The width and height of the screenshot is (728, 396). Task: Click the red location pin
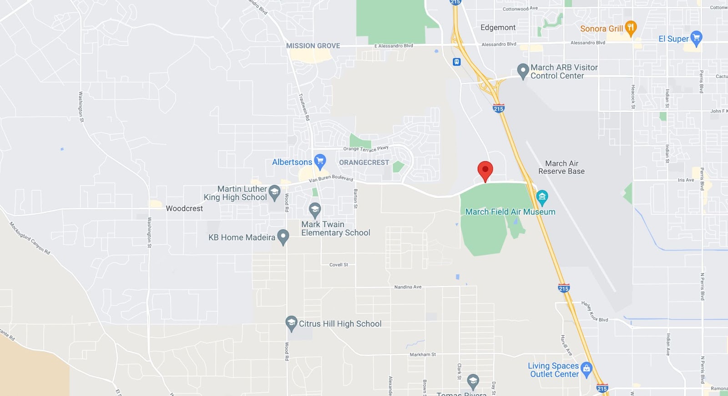(485, 170)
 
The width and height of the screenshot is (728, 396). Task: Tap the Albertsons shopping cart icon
(320, 160)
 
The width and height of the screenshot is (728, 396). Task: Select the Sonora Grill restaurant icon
(630, 27)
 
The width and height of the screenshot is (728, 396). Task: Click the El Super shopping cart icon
(696, 38)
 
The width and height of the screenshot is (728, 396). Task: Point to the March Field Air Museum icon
(542, 197)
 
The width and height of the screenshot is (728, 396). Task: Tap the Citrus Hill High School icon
(291, 323)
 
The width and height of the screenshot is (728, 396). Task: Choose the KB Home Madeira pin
(283, 236)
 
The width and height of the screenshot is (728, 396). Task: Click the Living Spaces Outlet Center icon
(586, 369)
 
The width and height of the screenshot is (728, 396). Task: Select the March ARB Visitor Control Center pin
(523, 71)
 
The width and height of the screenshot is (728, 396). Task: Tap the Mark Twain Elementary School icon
(314, 209)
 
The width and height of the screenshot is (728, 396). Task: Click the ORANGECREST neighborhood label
(364, 162)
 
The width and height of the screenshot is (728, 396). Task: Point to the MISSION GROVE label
(313, 46)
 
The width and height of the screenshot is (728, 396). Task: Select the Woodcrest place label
(184, 208)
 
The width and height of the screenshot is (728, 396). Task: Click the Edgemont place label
(498, 28)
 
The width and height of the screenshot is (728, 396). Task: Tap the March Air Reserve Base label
(561, 168)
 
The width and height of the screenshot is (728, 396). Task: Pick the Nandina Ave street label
(408, 287)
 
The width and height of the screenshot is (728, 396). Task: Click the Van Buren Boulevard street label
(331, 178)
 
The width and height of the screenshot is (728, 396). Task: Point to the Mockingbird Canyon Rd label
(30, 238)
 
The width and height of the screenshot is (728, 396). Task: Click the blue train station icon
(457, 62)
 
